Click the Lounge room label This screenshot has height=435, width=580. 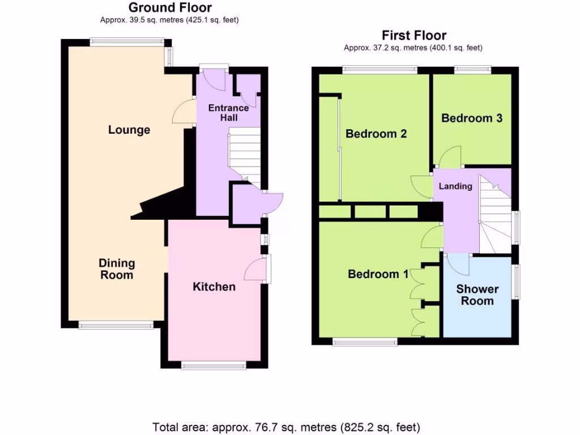point(129,130)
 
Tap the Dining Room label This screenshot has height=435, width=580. point(117,269)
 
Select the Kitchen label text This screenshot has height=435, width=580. point(214,287)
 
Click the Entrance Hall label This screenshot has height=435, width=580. point(228,113)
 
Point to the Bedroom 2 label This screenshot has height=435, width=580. point(376,134)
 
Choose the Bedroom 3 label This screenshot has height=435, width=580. point(472,118)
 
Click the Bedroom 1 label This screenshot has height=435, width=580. point(378,274)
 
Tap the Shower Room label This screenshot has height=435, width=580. point(477,295)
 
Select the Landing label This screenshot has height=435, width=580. point(455,186)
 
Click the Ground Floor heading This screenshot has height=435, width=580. point(170,8)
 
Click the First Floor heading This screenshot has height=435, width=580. point(413,36)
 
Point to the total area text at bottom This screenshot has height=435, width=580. point(286,427)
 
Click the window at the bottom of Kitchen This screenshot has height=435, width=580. point(214,366)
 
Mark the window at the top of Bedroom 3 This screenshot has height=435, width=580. point(473,69)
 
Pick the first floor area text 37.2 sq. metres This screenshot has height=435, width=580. point(413,48)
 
